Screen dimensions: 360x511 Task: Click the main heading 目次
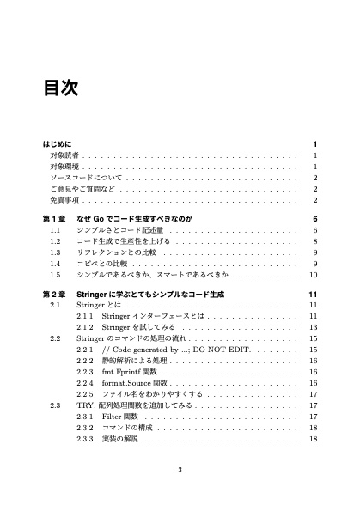[x=61, y=88]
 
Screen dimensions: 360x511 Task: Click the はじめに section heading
[x=59, y=143]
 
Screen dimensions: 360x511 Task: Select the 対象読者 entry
[x=64, y=155]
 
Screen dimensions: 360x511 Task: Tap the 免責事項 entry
[x=64, y=199]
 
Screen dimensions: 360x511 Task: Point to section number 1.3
[x=55, y=253]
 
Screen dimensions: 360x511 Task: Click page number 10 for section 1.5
[x=314, y=276]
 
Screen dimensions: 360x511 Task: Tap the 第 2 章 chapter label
[x=57, y=295]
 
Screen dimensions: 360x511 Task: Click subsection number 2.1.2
[x=85, y=327]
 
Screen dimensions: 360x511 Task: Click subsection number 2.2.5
[x=85, y=394]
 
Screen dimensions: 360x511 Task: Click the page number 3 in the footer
[x=180, y=469]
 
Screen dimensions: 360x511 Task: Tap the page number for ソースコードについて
[x=315, y=177]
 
